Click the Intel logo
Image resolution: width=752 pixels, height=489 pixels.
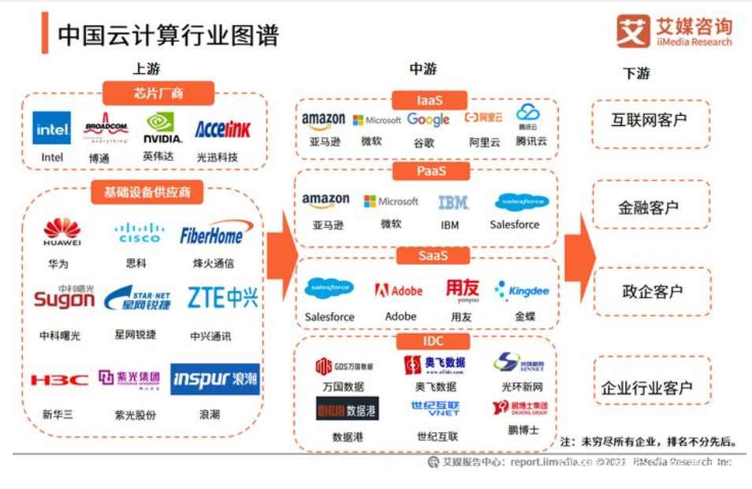(52, 128)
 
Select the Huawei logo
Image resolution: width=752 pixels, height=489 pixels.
(62, 232)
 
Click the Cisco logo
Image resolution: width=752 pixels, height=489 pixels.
(139, 233)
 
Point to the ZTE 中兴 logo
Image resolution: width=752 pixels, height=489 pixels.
(222, 298)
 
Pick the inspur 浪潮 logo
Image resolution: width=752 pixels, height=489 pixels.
(215, 379)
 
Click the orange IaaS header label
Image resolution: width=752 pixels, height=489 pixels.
(430, 100)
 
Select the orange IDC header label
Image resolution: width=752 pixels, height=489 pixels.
(432, 341)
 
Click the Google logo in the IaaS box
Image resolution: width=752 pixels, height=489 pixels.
(428, 120)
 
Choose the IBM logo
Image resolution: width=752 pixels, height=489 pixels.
(453, 202)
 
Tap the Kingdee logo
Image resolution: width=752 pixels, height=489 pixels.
(521, 291)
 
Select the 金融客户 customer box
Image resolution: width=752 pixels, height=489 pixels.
(648, 208)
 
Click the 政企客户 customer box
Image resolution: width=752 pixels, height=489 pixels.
(651, 291)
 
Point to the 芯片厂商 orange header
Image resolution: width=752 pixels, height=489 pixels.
(158, 94)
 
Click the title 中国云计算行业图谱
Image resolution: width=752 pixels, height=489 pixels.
(168, 35)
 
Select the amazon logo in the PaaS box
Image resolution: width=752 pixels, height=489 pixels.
(326, 202)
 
